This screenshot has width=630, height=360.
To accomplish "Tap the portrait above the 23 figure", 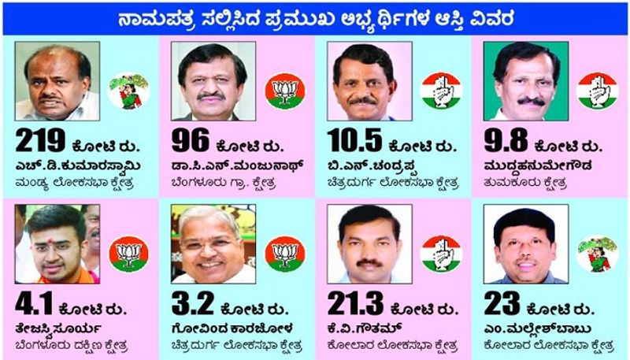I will click(524, 244).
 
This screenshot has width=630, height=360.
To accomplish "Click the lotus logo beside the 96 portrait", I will click(284, 91).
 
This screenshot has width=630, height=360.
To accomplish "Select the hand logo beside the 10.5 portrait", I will click(440, 91).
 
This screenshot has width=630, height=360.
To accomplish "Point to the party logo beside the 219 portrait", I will click(126, 91).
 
